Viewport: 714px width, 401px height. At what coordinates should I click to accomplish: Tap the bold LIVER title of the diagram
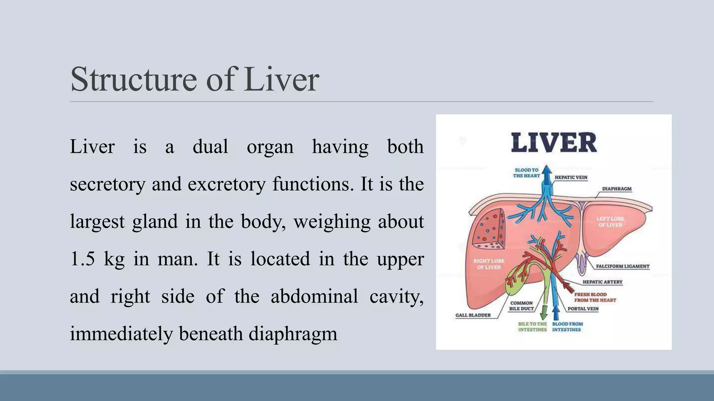point(554,143)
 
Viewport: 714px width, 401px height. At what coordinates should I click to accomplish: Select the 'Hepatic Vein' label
point(571,178)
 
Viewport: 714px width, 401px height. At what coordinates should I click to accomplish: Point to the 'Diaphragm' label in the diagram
point(617,189)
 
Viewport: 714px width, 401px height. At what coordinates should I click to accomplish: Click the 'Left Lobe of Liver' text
point(610,222)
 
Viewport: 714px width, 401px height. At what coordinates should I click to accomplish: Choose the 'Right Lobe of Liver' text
point(489,264)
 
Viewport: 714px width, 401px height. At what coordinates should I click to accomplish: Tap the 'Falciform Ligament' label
point(623,266)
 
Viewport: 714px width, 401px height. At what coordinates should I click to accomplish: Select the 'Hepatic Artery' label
point(602,282)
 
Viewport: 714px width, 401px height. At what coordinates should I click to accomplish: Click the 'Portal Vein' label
point(583,309)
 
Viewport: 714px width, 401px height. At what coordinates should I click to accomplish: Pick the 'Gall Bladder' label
point(473,315)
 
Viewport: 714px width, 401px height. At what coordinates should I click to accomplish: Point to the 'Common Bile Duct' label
point(521,306)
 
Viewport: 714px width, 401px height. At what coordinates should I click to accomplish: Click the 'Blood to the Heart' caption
point(526,173)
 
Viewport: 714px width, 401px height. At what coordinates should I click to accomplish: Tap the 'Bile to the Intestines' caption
point(532,327)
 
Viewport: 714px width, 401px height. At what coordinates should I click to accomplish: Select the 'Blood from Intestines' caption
point(567,327)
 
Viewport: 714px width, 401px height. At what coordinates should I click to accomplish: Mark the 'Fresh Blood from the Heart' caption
point(595,297)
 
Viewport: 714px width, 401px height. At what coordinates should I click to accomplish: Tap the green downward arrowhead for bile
point(543,315)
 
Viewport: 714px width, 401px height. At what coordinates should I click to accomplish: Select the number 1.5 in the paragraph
point(82,259)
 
